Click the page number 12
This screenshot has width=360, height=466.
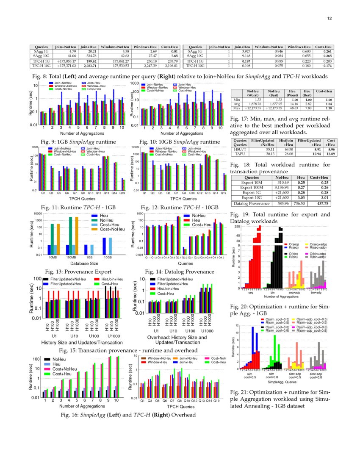(x=329, y=18)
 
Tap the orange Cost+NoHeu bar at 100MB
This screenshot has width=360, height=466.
(x=77, y=235)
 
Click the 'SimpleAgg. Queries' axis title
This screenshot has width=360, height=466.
(x=282, y=382)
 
